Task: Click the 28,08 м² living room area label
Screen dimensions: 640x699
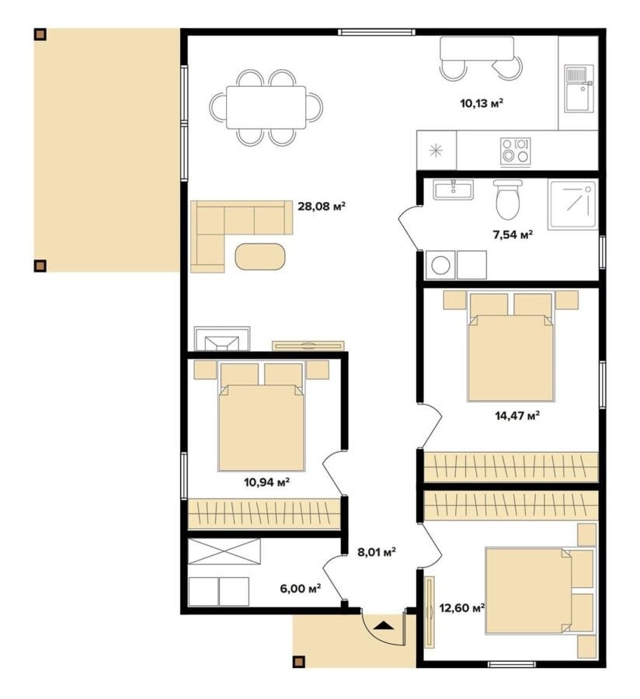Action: pos(322,207)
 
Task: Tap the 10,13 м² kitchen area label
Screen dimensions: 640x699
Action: pos(482,104)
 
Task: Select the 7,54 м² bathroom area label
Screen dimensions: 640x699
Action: pos(513,235)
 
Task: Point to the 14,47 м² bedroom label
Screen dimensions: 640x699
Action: pos(517,416)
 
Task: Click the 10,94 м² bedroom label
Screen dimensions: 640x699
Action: pos(267,482)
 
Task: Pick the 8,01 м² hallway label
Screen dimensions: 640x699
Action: pos(377,552)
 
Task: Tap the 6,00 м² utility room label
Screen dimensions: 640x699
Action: pos(301,589)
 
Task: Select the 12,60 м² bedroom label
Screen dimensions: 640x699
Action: pos(462,608)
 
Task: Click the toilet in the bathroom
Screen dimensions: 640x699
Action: pos(508,200)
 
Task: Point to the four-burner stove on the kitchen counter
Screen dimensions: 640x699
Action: pos(515,151)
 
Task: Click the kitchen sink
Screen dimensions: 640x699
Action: pos(579,89)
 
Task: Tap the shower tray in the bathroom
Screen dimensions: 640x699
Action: pos(572,205)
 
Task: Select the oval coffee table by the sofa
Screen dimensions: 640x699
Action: pos(259,256)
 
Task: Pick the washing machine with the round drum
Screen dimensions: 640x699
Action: pos(440,266)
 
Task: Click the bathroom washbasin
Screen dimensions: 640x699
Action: pos(453,190)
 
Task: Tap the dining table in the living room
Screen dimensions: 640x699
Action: pos(266,107)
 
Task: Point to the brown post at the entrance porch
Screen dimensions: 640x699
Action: pos(298,661)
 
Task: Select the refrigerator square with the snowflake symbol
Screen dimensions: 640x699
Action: pos(437,150)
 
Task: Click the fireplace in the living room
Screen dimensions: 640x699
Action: pos(222,339)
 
